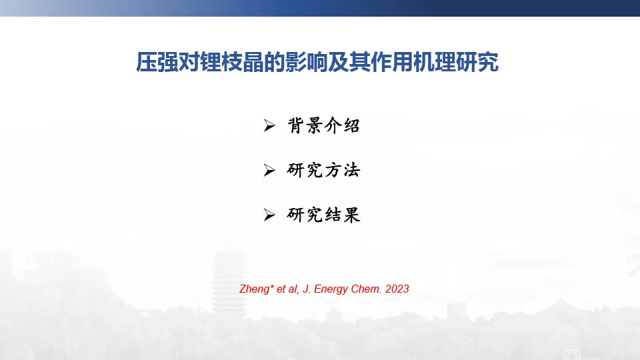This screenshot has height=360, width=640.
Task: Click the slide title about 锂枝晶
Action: [317, 62]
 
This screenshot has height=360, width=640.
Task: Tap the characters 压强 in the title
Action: [157, 62]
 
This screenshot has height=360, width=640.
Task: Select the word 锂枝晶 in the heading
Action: [232, 62]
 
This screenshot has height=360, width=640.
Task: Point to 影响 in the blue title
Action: [306, 62]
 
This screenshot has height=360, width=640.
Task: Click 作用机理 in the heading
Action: [413, 62]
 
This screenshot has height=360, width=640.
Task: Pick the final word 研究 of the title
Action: [477, 62]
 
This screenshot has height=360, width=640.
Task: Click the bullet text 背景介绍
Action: [324, 125]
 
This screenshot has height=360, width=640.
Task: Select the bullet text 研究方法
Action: [324, 170]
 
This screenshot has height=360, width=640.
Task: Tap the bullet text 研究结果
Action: [324, 215]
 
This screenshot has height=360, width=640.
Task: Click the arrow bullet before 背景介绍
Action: [269, 126]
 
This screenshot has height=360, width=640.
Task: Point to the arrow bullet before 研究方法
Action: [269, 170]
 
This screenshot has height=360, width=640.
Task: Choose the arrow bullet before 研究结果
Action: [269, 215]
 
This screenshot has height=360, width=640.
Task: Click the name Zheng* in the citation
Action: [256, 289]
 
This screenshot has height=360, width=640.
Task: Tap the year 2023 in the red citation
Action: [397, 289]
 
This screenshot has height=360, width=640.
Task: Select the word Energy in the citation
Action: [331, 289]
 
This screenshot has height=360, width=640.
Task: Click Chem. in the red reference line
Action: [366, 289]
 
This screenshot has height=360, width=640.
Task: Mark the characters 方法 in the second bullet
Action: [343, 170]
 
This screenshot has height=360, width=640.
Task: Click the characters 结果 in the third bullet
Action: [343, 215]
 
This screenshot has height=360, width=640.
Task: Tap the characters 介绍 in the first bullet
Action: [343, 125]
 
